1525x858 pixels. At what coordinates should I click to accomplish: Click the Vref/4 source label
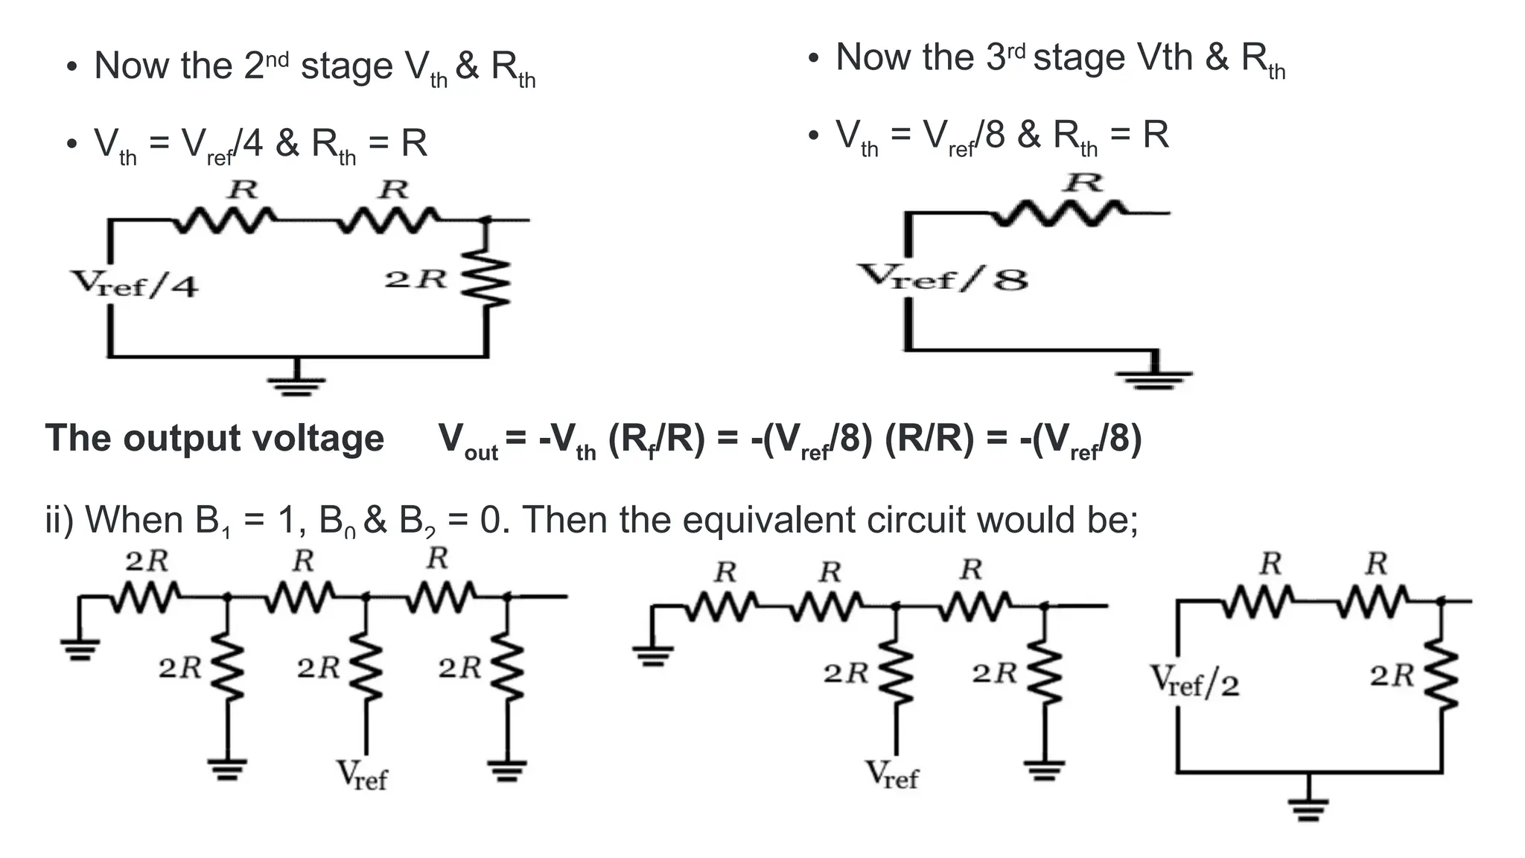point(135,284)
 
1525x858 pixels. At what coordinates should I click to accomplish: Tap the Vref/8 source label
point(943,277)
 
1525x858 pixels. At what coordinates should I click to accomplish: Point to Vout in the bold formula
point(468,440)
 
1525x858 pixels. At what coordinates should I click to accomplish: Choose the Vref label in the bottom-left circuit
point(362,775)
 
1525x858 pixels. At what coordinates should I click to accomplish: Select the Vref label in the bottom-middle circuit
point(892,775)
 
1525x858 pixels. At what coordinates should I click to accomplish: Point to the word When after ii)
point(132,519)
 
